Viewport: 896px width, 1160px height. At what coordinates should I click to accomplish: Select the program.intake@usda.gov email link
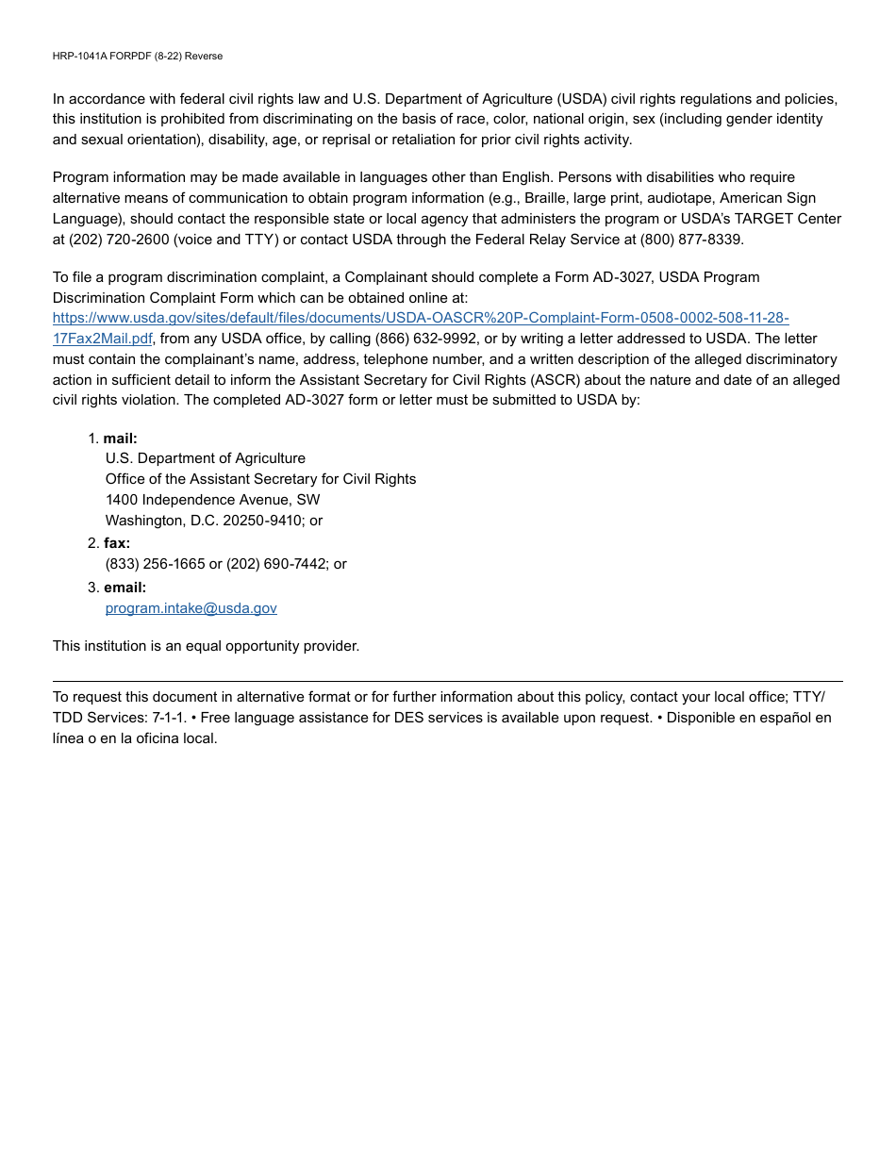tap(191, 608)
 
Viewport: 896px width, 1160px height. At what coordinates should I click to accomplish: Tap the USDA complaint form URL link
tap(420, 318)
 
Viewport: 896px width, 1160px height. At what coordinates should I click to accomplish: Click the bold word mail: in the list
tap(120, 439)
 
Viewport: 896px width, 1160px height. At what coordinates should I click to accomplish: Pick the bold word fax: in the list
tap(117, 543)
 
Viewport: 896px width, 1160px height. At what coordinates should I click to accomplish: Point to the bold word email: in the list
tap(124, 588)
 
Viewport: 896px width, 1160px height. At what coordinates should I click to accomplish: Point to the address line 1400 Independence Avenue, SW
tap(212, 500)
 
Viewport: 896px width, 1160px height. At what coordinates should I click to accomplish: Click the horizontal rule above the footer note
tap(447, 681)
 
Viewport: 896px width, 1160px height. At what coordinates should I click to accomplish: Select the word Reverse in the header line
tap(204, 57)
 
